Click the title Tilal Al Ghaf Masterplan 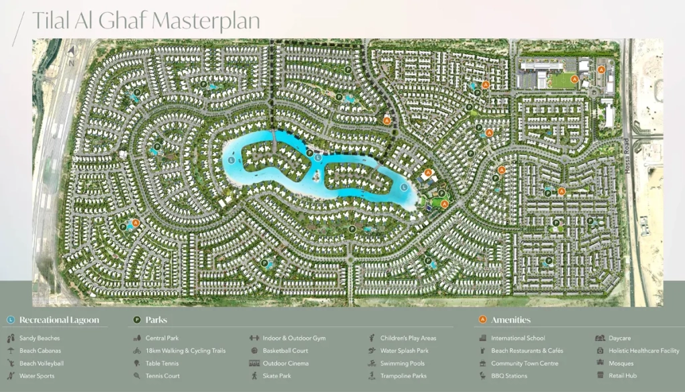(145, 21)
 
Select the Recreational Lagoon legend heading (59, 320)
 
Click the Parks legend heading (156, 320)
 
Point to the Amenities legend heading (510, 320)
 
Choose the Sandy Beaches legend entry (39, 338)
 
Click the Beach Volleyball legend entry (41, 364)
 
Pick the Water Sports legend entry (37, 377)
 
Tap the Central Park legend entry (162, 338)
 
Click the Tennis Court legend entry (163, 377)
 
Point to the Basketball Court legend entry (285, 351)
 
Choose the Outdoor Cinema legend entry (286, 364)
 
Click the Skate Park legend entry (277, 377)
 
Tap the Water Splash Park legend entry (404, 351)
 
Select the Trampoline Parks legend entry (403, 377)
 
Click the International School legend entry (518, 338)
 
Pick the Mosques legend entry (621, 364)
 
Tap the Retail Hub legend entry (622, 377)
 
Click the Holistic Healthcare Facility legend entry (644, 351)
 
